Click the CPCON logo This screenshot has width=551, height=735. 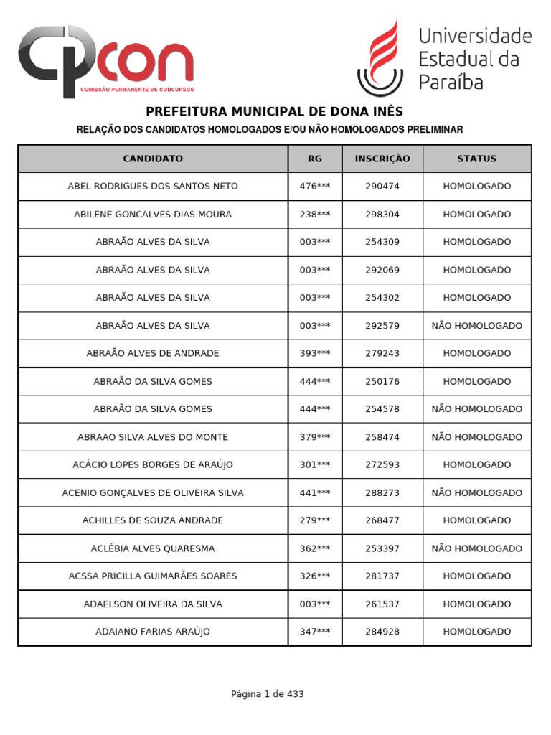(105, 62)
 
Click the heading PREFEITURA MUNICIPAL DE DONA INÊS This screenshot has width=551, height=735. (275, 111)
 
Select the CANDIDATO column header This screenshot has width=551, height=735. (153, 159)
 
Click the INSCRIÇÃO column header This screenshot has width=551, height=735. (382, 159)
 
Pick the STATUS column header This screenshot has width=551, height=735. (477, 159)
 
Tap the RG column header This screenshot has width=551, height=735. (315, 159)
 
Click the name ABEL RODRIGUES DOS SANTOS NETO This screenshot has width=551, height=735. (153, 187)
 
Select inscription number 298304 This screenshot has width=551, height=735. (382, 215)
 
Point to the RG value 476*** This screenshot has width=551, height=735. (315, 187)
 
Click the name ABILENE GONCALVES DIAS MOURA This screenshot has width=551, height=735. (153, 215)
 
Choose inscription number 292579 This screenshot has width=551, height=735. (382, 326)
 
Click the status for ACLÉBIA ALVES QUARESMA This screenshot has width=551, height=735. (477, 548)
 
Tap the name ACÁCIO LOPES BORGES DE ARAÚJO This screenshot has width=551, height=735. (153, 465)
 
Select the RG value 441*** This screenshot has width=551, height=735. (315, 493)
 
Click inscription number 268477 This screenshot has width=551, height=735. (382, 520)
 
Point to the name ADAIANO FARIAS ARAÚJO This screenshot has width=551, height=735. (153, 632)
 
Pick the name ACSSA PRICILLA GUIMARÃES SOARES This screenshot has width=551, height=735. (153, 576)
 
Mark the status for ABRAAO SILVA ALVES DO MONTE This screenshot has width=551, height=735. (477, 437)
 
